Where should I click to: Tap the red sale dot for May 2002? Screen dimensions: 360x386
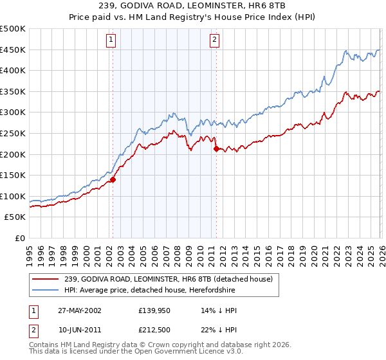click(x=113, y=180)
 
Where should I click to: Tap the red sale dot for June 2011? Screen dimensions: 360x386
click(x=216, y=149)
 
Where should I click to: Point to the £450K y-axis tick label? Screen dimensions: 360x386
click(x=13, y=50)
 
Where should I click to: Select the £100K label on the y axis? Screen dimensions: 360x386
click(x=13, y=196)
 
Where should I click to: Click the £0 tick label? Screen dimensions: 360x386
click(x=19, y=238)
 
